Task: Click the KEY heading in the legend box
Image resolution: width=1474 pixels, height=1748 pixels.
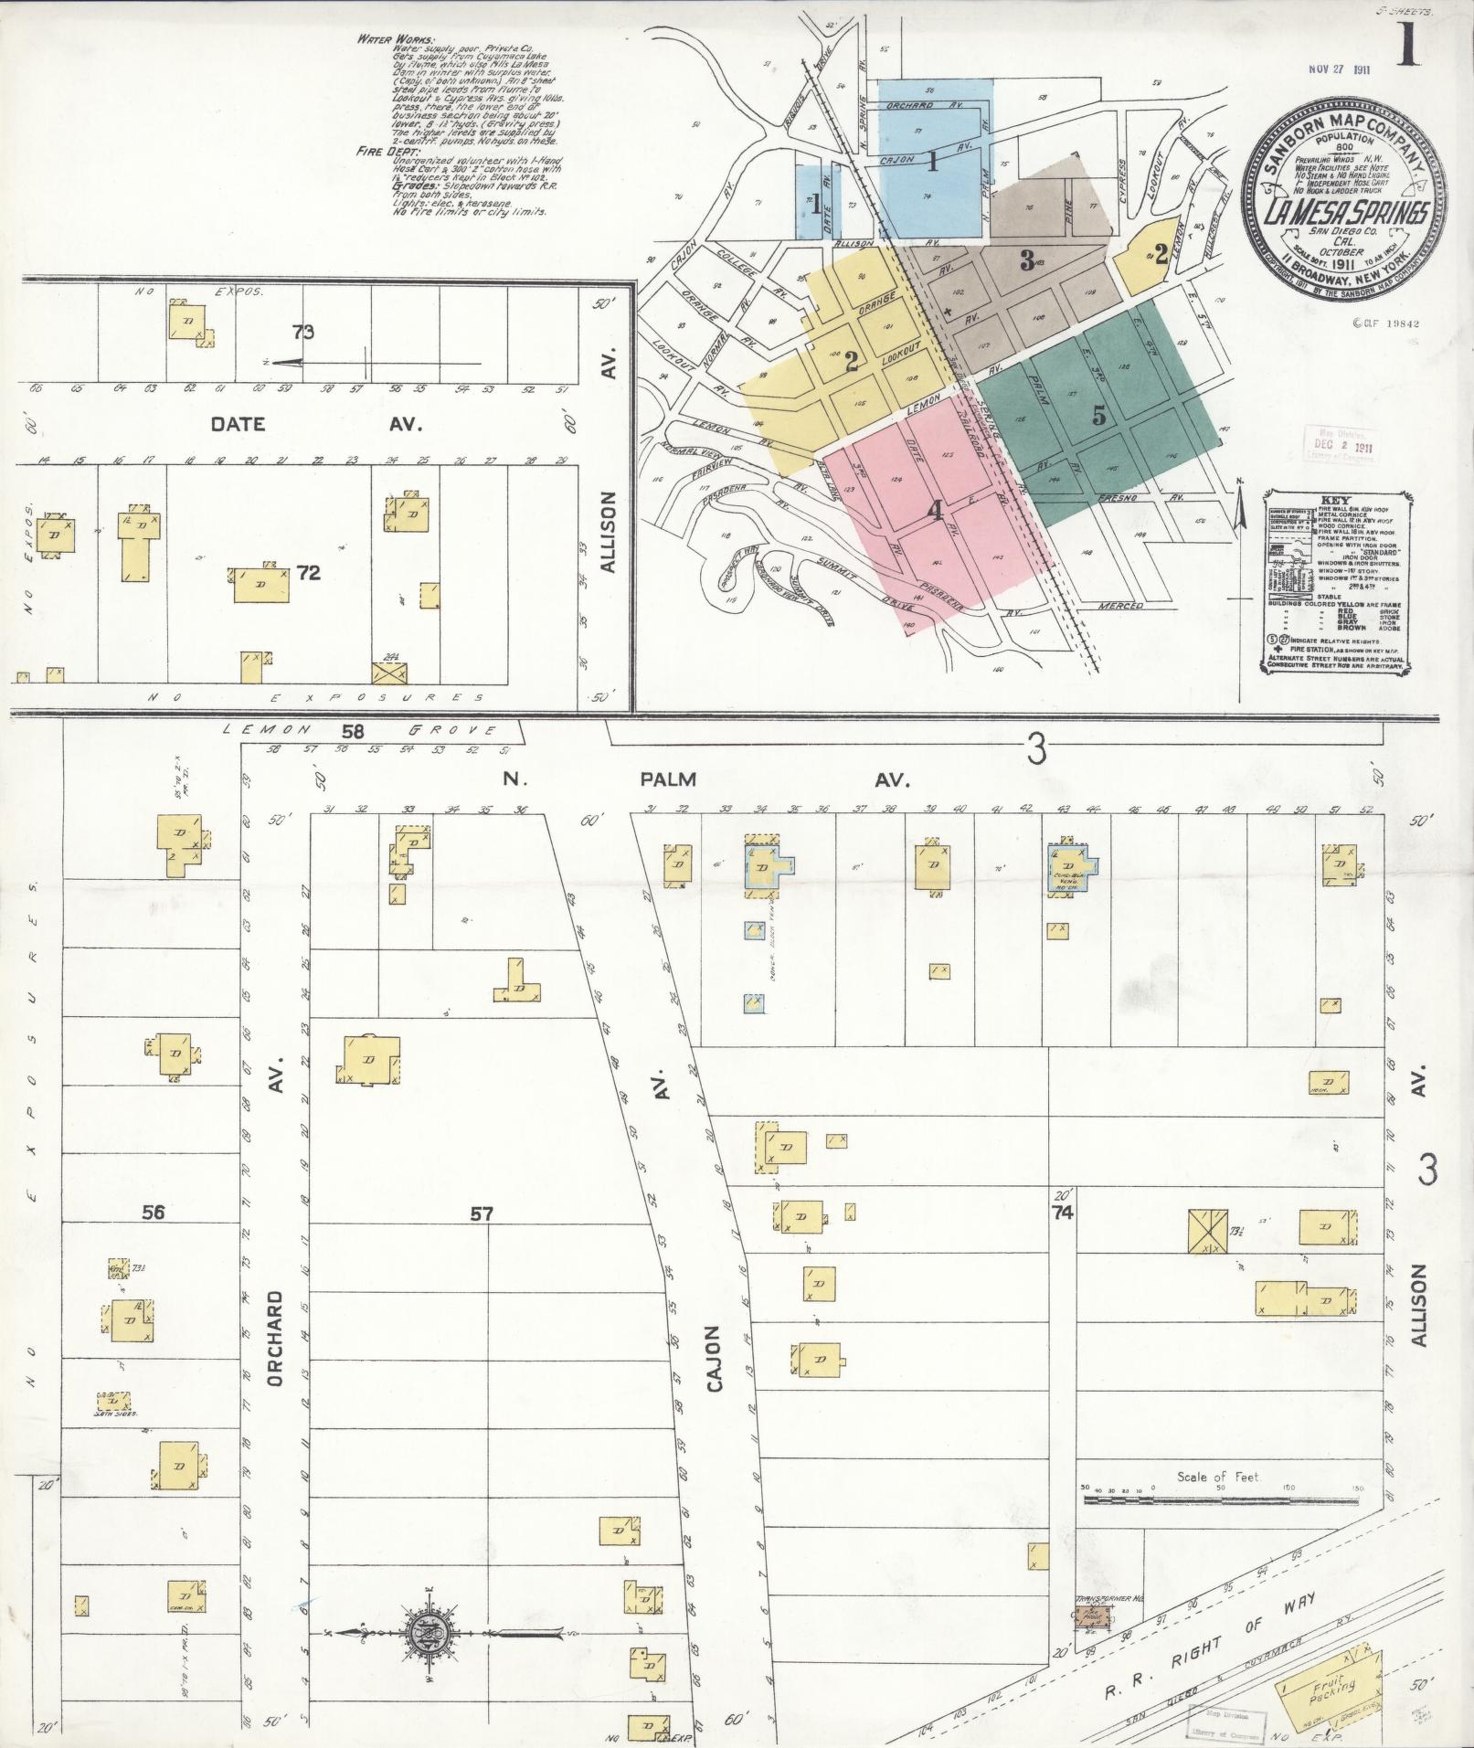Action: (1335, 502)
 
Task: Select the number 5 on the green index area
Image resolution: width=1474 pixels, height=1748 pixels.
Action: (1099, 416)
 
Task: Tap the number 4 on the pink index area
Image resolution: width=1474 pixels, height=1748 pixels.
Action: (934, 512)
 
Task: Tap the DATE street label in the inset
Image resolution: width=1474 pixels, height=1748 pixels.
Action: (239, 424)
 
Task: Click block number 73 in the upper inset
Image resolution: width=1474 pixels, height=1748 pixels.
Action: (303, 333)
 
